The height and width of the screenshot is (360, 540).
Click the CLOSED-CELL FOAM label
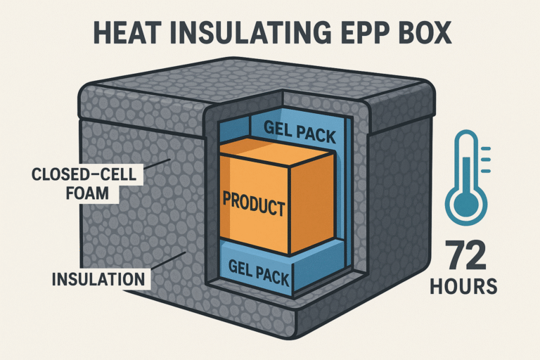[84, 184]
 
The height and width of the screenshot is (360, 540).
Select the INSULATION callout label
[98, 278]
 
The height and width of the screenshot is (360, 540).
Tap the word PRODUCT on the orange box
[254, 204]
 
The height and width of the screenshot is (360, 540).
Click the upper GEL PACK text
[300, 132]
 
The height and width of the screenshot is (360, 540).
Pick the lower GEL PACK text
[259, 274]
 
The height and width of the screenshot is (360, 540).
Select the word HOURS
[463, 286]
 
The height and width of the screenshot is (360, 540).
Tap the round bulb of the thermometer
[466, 205]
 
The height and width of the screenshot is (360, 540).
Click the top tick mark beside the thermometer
[486, 149]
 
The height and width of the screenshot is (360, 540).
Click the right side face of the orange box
[312, 203]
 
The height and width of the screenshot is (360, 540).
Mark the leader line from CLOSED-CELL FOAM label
[157, 164]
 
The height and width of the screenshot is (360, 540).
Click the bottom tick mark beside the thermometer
[486, 171]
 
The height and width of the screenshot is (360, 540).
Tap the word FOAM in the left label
[87, 193]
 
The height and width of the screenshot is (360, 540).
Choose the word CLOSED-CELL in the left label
[84, 174]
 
